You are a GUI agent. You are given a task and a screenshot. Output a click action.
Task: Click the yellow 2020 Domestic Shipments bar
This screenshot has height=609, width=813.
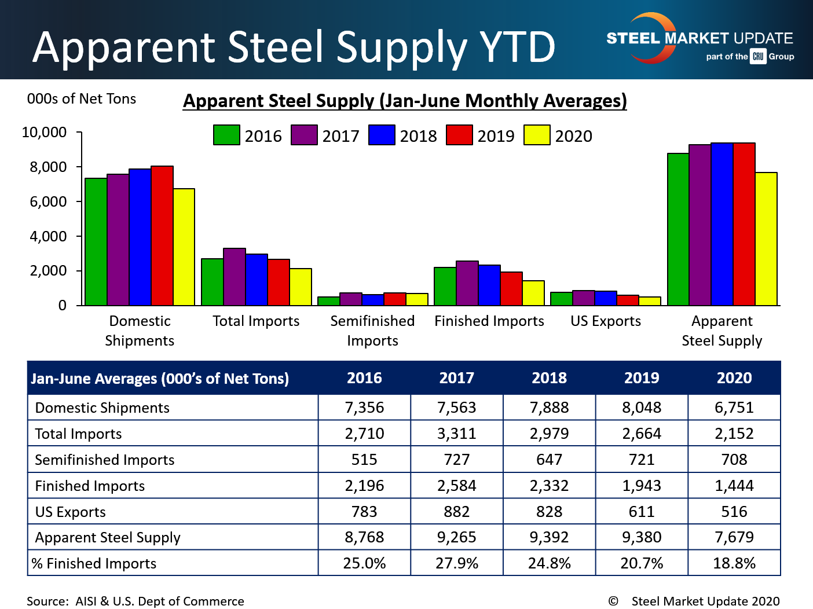(x=184, y=247)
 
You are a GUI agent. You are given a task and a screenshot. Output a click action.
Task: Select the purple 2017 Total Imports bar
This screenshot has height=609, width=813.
(x=235, y=277)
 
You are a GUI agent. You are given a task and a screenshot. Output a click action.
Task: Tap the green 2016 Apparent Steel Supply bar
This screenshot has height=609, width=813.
(x=678, y=229)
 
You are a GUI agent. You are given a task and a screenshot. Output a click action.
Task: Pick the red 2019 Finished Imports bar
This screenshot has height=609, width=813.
(x=511, y=289)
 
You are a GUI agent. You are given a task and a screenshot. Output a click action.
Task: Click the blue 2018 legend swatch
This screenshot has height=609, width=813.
(x=382, y=135)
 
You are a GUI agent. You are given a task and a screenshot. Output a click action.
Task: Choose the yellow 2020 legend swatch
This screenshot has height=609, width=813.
(x=537, y=135)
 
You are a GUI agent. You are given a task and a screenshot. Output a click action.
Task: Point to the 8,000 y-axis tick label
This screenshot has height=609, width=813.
(x=48, y=167)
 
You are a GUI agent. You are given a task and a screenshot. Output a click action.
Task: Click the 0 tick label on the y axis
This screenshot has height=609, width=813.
(x=63, y=306)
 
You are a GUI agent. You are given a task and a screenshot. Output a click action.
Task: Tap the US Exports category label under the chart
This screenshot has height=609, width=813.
(x=606, y=321)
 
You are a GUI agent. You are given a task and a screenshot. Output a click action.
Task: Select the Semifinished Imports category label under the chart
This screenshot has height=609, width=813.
(x=372, y=331)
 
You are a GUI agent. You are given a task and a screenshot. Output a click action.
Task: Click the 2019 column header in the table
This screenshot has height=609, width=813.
(x=642, y=378)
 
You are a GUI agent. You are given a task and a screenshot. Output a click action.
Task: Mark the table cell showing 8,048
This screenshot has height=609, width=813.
(x=642, y=408)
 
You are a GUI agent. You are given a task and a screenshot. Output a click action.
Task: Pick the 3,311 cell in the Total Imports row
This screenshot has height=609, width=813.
(x=457, y=434)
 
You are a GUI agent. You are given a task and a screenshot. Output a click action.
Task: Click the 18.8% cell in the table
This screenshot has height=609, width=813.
(x=734, y=563)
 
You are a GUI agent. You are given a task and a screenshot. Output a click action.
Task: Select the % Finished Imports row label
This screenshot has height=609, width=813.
(x=94, y=563)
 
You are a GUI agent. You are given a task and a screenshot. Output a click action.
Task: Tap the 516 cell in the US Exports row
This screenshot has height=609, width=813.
(x=734, y=512)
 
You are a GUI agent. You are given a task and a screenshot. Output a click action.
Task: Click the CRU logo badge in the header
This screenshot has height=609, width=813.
(x=758, y=56)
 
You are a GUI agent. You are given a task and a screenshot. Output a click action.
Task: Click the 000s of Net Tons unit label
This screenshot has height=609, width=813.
(x=82, y=99)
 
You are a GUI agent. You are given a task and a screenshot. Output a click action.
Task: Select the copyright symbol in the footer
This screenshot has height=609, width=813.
(x=613, y=601)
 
